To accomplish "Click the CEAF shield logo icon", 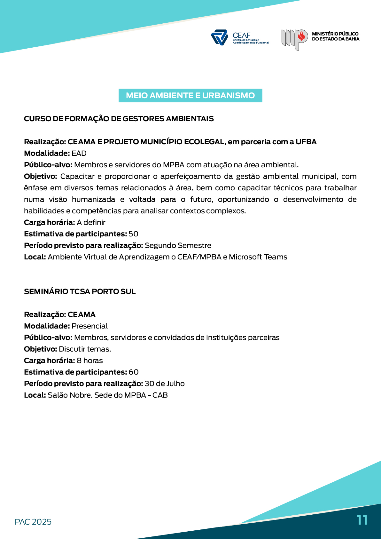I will (219, 37).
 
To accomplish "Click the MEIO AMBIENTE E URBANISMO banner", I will (190, 96).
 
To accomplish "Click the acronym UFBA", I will (306, 142).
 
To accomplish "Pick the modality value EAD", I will (79, 153).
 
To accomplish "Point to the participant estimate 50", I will (133, 234).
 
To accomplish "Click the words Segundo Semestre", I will (178, 245).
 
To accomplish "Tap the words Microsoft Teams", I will (258, 257).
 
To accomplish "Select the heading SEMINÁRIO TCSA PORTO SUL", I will (80, 291).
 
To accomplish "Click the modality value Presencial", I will (89, 326).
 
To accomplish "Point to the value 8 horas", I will (89, 361).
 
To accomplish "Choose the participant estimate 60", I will (133, 372).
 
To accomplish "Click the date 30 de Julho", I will (165, 384).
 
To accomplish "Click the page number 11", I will (362, 520).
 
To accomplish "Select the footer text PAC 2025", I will (33, 522).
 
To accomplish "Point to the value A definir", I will (91, 222).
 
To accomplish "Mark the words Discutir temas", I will (85, 349).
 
